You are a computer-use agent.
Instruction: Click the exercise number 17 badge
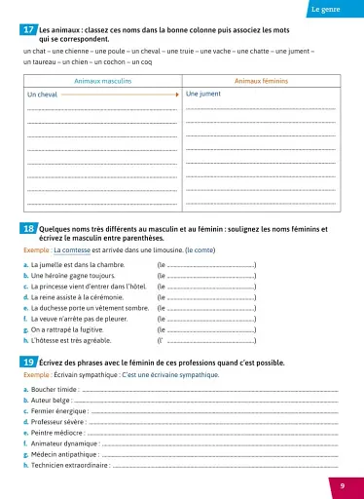29,31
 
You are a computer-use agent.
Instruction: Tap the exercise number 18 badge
29,229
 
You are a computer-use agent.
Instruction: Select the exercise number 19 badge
29,362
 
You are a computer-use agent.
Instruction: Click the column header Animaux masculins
100,82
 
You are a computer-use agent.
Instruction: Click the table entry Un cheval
43,95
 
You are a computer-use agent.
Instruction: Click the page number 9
342,485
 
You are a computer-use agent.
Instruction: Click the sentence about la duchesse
90,306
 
